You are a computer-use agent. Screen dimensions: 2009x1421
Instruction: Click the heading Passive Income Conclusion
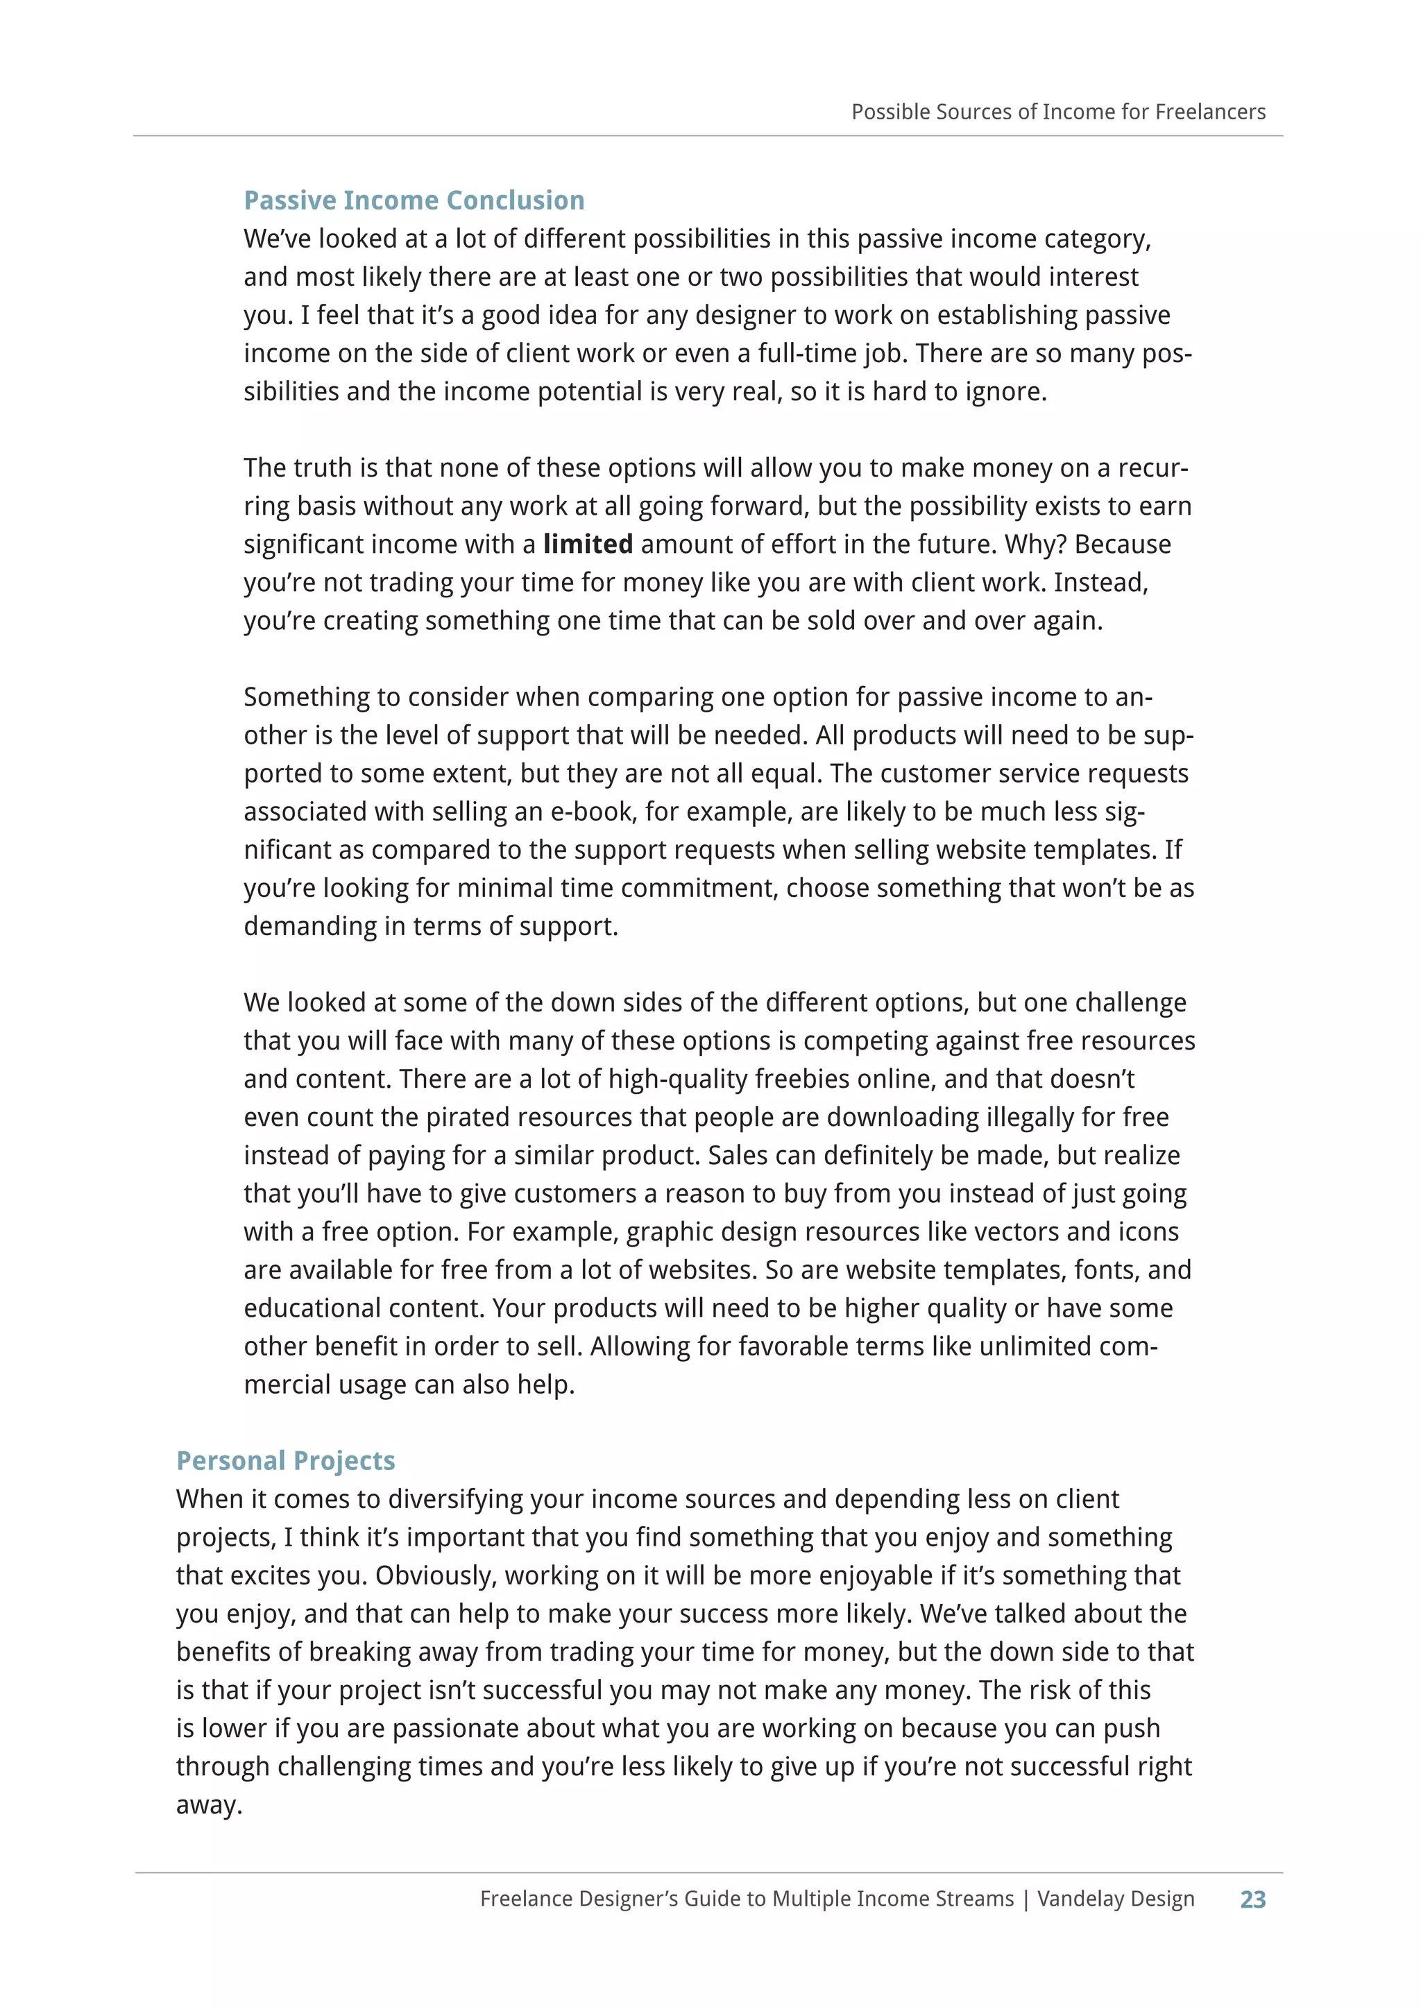[414, 200]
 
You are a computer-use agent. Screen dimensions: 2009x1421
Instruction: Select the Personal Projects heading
[285, 1460]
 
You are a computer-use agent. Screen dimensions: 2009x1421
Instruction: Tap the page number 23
[1252, 1899]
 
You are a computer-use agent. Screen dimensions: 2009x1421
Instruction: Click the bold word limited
[587, 545]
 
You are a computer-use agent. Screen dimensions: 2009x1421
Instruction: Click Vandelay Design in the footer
[1116, 1899]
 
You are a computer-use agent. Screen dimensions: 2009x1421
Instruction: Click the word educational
[312, 1308]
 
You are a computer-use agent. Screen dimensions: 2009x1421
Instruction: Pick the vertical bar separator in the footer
[1026, 1899]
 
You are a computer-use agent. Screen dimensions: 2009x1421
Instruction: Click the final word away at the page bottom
[208, 1805]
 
